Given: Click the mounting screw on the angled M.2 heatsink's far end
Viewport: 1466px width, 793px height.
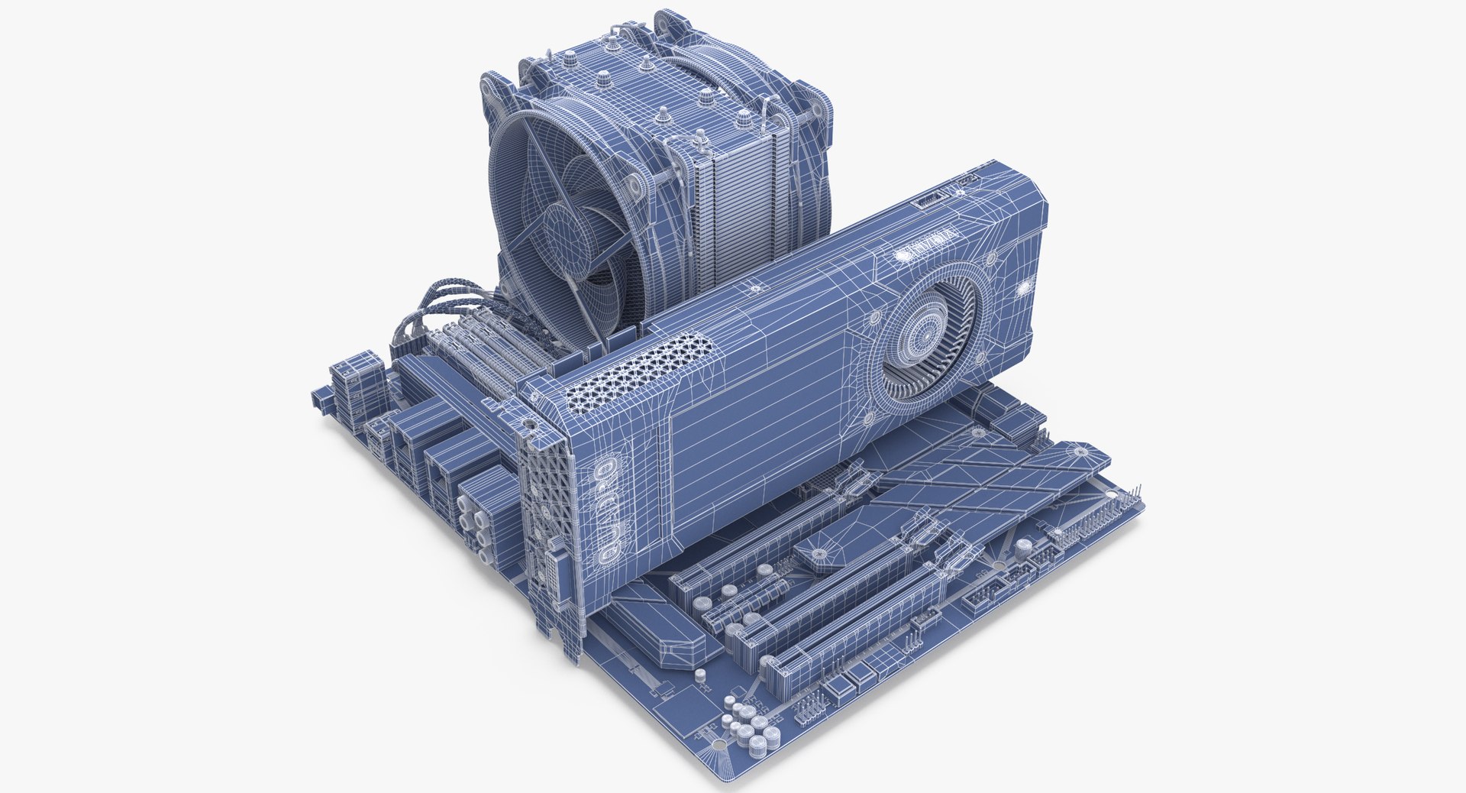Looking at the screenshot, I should (x=1081, y=452).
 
